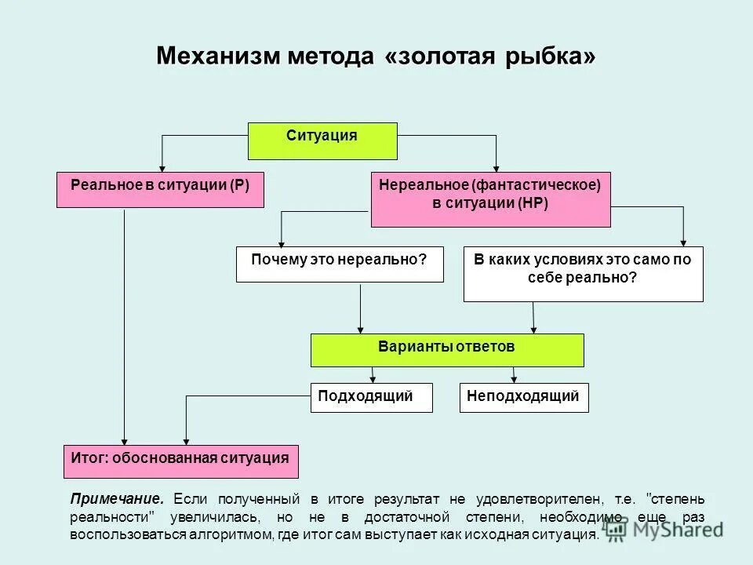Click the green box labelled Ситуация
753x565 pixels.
[322, 140]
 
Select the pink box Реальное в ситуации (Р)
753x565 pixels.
[160, 190]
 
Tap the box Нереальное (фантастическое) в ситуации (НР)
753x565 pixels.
[489, 199]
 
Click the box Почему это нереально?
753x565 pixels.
[339, 264]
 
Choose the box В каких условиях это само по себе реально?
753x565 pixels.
[583, 274]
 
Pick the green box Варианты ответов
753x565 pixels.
[447, 350]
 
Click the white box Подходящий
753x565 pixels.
[372, 398]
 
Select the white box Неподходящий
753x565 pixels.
[523, 398]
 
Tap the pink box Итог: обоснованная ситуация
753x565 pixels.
[180, 461]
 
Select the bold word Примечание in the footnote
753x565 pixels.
[117, 499]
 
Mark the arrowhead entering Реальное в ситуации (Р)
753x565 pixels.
[162, 167]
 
